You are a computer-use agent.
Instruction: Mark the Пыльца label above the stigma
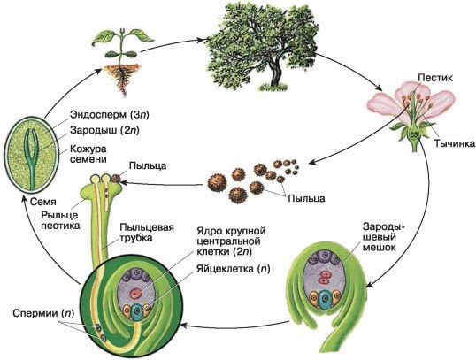[145, 165]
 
